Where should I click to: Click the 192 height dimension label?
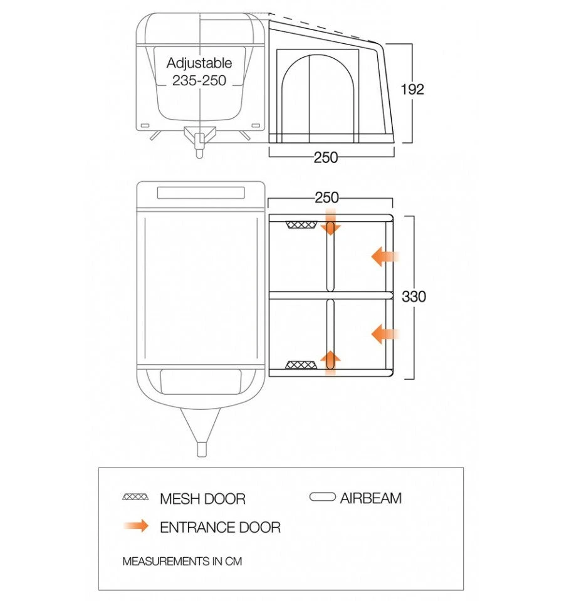coord(412,89)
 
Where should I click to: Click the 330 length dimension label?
coord(414,296)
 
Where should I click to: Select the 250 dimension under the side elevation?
coord(326,158)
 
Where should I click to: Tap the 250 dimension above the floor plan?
coord(326,198)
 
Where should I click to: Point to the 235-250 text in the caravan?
coord(199,80)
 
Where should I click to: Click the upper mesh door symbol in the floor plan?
coord(299,225)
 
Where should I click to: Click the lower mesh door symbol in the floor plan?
coord(299,365)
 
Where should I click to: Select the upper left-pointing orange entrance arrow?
coord(384,256)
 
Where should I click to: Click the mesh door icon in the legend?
coord(136,497)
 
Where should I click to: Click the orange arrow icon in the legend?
coord(136,526)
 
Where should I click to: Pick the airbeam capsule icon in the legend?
coord(323,498)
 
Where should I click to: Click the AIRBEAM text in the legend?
coord(371,498)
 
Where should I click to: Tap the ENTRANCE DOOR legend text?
coord(220,527)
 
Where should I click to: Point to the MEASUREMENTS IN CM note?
coord(182,561)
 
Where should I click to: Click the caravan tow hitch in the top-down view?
coord(201,432)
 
